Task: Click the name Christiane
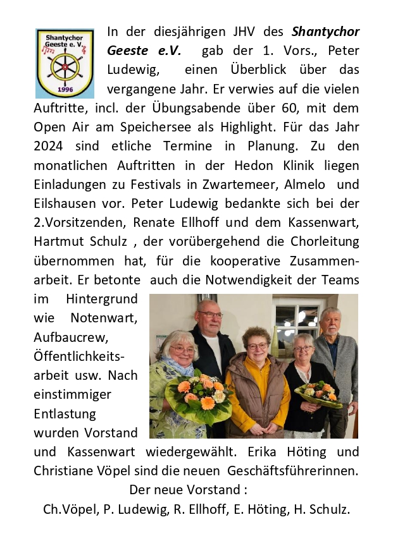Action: tap(67, 471)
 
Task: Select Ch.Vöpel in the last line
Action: tap(68, 510)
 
